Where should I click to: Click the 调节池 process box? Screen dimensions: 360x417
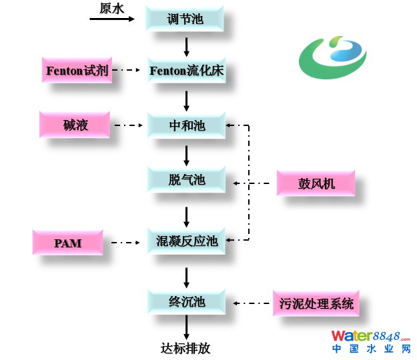coord(185,19)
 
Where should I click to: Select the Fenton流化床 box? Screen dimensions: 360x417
coord(185,70)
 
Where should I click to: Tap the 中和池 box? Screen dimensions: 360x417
coord(185,125)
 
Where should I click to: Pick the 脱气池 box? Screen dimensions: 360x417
coord(185,179)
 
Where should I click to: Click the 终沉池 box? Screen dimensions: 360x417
coord(185,302)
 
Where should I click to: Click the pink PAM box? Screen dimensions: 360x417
coord(67,243)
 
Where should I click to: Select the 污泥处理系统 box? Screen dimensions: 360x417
coord(315,305)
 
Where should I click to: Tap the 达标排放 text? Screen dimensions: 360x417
coord(185,348)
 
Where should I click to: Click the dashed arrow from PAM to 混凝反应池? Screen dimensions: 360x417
coord(129,243)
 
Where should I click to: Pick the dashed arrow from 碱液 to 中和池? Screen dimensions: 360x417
coord(130,125)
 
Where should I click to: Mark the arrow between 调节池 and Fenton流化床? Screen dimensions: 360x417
coord(186,45)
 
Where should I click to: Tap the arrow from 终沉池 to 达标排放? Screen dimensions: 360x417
coord(186,327)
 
